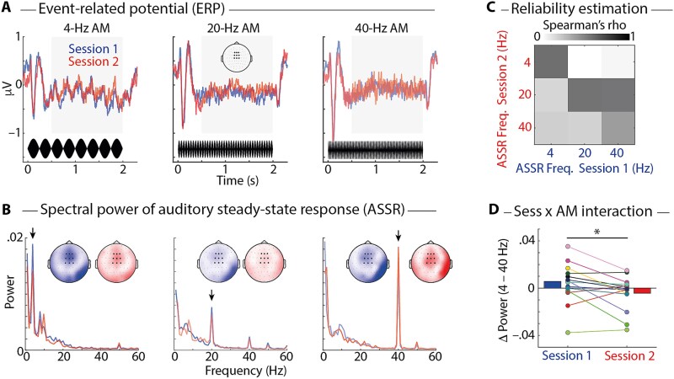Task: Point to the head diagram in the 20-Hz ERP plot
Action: point(236,58)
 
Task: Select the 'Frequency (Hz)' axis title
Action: point(226,369)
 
